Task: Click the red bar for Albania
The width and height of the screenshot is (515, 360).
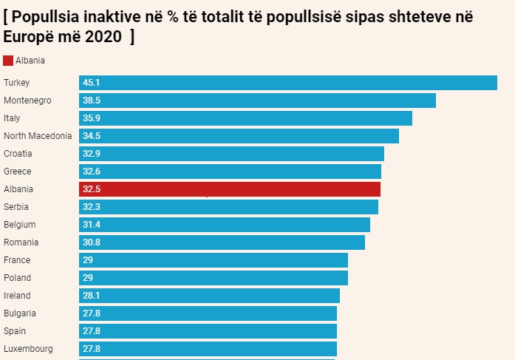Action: [x=230, y=189]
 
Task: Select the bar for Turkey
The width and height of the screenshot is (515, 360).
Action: [x=288, y=83]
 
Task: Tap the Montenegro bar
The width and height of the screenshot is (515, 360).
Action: [x=257, y=101]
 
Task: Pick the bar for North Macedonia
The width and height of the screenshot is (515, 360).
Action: [x=239, y=136]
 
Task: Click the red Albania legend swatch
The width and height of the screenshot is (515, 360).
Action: [x=8, y=61]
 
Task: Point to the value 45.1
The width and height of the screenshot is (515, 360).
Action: [x=92, y=83]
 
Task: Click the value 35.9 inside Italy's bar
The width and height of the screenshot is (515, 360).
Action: [x=92, y=118]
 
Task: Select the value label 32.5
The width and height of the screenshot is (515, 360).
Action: [x=92, y=189]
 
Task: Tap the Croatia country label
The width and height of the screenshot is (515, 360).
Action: [x=18, y=154]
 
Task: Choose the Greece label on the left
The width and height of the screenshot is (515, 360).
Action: [x=18, y=171]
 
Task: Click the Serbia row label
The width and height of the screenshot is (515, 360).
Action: [x=17, y=207]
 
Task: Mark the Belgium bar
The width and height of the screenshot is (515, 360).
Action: [x=225, y=225]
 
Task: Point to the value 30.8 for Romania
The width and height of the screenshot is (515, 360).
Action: [x=92, y=242]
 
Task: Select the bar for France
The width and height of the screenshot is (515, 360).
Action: [x=214, y=260]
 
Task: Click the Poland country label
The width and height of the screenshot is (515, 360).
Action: [x=18, y=278]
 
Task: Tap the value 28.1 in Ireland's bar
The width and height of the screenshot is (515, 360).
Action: [x=92, y=296]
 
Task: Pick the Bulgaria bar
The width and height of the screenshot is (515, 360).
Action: [x=208, y=313]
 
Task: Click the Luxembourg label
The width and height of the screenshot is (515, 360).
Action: [x=28, y=349]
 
